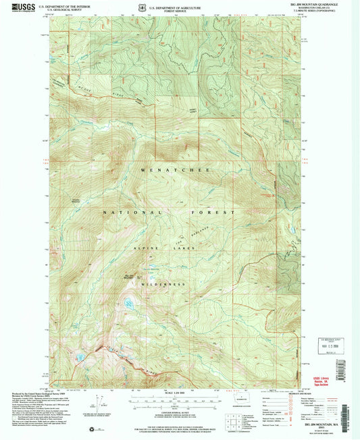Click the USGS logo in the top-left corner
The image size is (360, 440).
[x=16, y=7]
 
